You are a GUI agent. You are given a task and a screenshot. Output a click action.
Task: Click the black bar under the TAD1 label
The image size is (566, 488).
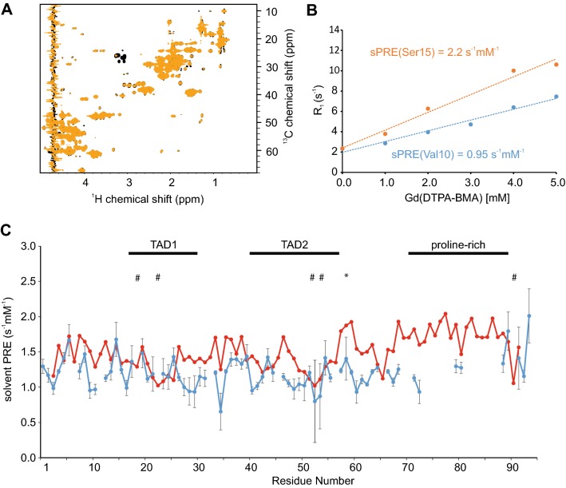(163, 254)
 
